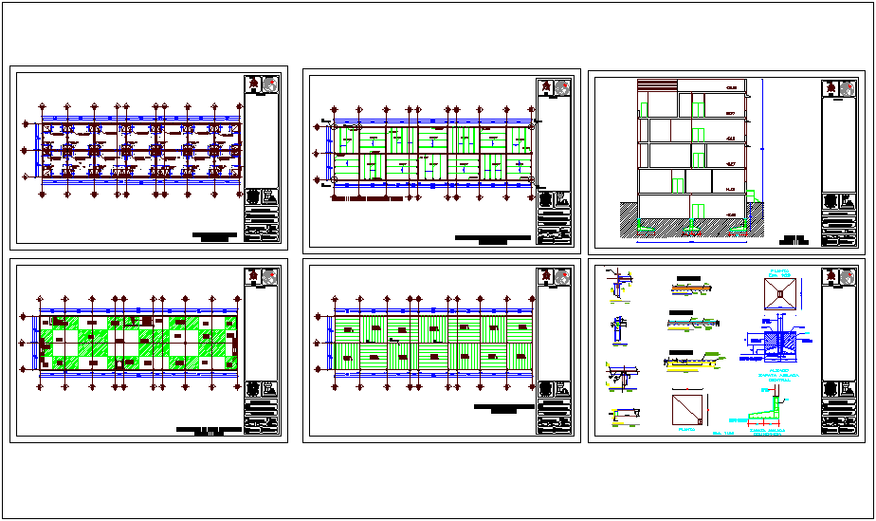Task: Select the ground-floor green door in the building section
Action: pyautogui.click(x=699, y=211)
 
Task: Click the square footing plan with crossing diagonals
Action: pyautogui.click(x=779, y=294)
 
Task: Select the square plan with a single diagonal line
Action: pyautogui.click(x=684, y=410)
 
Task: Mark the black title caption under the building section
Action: pyautogui.click(x=794, y=239)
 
